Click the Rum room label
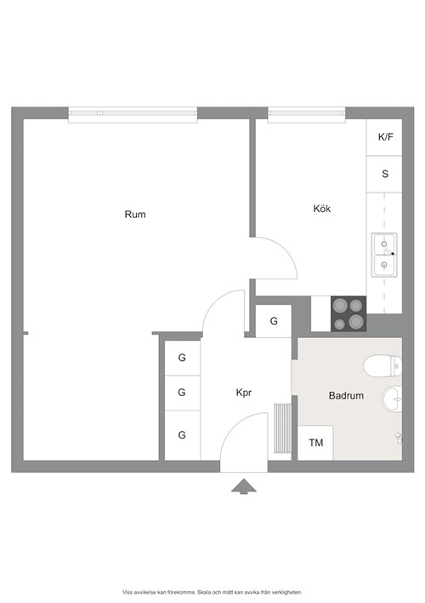(135, 215)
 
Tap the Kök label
(322, 209)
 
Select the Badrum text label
(346, 395)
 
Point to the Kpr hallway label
(244, 393)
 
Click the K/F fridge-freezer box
(384, 137)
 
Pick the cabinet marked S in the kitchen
(384, 175)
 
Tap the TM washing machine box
(315, 443)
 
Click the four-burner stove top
(348, 313)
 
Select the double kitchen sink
(384, 255)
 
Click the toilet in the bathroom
(382, 365)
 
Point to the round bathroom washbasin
(392, 399)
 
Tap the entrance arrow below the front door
(243, 486)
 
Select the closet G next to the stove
(274, 321)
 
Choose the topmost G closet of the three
(183, 358)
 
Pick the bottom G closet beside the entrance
(183, 435)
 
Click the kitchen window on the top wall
(306, 115)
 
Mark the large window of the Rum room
(133, 115)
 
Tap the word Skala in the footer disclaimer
(203, 592)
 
